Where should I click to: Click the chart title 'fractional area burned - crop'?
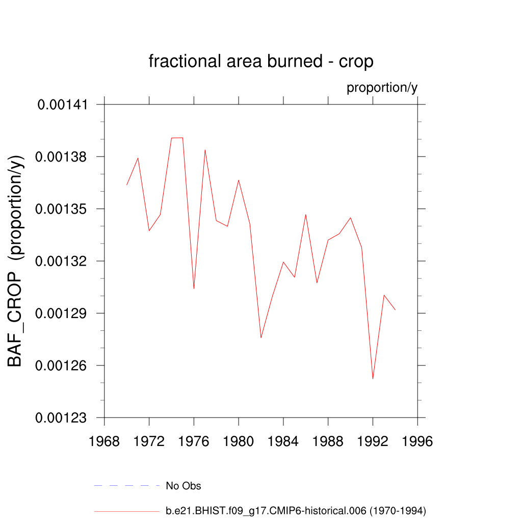click(x=261, y=61)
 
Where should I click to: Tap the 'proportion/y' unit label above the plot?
click(x=382, y=88)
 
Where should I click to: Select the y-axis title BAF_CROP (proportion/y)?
click(x=16, y=260)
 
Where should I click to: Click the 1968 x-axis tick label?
click(x=105, y=441)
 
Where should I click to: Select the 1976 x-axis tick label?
click(x=194, y=441)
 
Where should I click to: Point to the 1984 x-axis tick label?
click(x=283, y=441)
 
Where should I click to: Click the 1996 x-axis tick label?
click(x=417, y=441)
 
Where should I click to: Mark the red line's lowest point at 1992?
click(x=373, y=379)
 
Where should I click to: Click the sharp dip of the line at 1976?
click(x=194, y=289)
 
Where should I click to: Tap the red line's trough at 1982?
click(x=261, y=337)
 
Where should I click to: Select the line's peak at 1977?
click(x=205, y=150)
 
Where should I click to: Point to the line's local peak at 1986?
click(x=306, y=215)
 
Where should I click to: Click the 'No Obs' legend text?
click(x=184, y=486)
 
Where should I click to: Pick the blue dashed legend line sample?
click(x=127, y=486)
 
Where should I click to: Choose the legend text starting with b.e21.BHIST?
click(x=296, y=510)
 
